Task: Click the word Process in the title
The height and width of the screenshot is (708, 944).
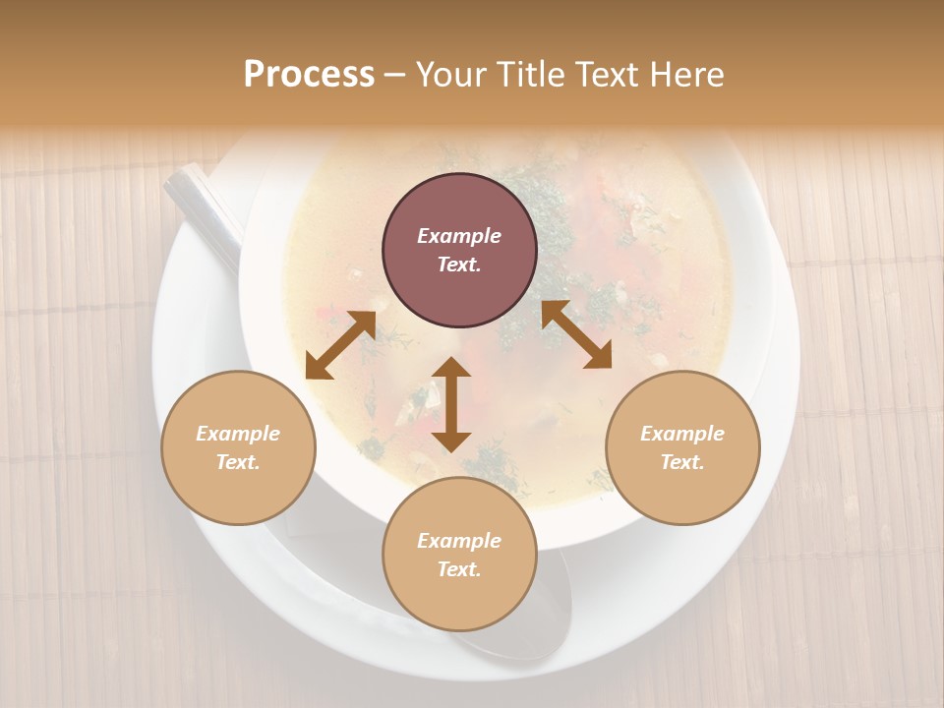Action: coord(309,75)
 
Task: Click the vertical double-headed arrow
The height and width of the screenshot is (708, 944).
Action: coord(451,404)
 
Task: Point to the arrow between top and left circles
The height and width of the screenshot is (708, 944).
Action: coord(340,344)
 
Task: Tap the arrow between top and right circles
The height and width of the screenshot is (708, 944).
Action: coord(576,334)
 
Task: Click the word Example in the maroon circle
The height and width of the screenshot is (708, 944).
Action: coord(459,236)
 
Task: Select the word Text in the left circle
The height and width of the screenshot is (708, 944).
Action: coord(238,463)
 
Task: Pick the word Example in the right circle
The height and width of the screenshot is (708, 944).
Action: coord(682,434)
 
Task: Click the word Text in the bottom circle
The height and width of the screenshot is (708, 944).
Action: coord(459,570)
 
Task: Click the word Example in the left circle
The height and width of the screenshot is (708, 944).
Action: coord(238,434)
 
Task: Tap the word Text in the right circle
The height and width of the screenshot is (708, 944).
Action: coord(682,463)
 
